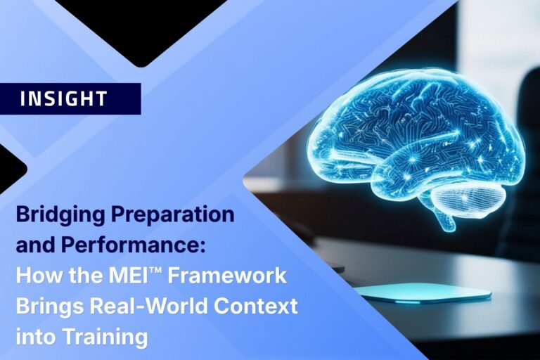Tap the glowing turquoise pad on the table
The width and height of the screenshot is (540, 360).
pyautogui.click(x=422, y=292)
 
